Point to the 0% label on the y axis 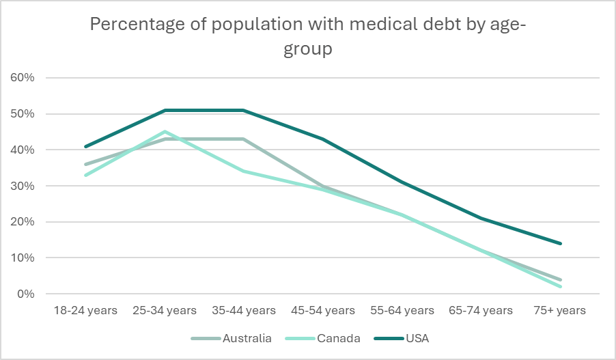[25, 294]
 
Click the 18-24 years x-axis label [85, 310]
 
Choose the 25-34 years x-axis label [165, 310]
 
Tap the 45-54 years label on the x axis [323, 310]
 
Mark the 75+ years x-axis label [560, 310]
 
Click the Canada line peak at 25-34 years [165, 131]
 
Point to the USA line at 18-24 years [85, 146]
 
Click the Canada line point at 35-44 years [244, 171]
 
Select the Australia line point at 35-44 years [244, 139]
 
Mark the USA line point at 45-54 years [323, 139]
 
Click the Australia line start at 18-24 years [85, 164]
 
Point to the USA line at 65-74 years [481, 218]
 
